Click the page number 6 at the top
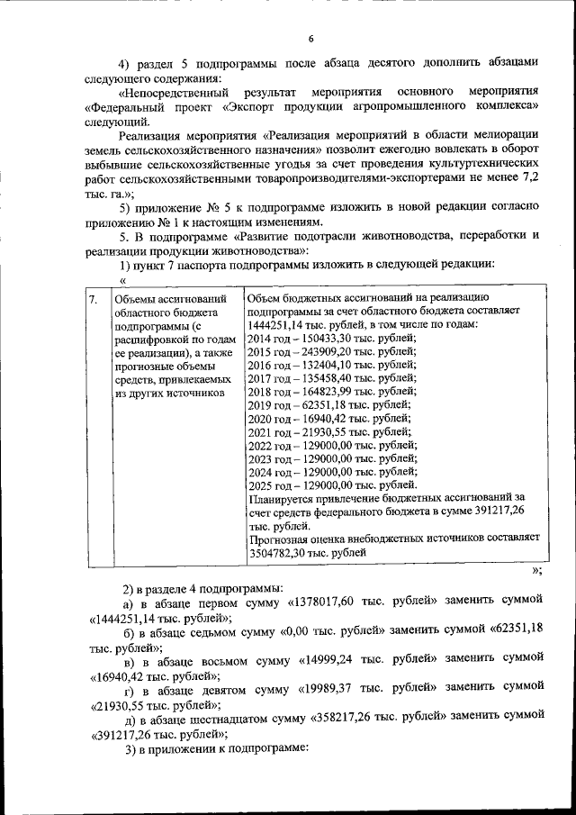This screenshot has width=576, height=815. coord(310,39)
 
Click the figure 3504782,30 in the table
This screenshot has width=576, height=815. coord(279,554)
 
